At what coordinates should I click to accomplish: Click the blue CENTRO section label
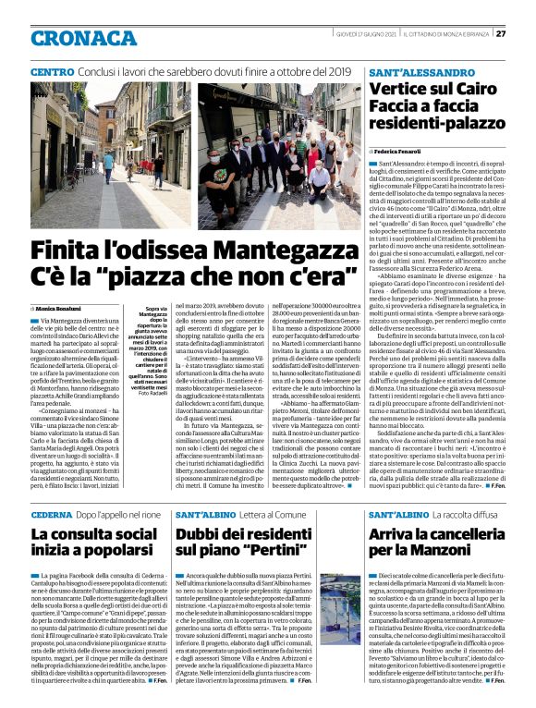pyautogui.click(x=52, y=71)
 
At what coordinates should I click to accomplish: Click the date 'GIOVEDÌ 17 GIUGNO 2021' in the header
pyautogui.click(x=365, y=34)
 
